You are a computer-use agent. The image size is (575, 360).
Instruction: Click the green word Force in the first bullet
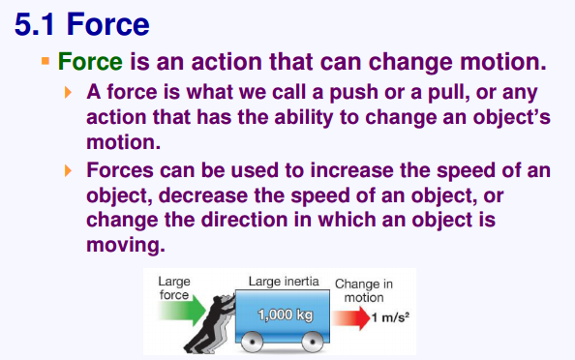tap(90, 61)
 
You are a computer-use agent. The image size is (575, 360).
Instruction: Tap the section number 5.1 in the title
tap(35, 24)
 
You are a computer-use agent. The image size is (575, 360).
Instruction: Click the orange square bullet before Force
tap(45, 61)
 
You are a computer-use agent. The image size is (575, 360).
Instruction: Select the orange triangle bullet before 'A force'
tap(68, 92)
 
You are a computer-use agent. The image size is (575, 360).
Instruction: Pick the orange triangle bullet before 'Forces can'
tap(68, 171)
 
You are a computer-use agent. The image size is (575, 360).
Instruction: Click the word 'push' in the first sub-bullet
tap(353, 92)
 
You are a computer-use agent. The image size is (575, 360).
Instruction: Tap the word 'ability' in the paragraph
tap(304, 117)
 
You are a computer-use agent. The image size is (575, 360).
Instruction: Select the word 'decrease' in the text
tap(203, 195)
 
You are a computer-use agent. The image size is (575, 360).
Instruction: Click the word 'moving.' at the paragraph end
tap(126, 245)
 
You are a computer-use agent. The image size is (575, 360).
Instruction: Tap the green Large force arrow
tap(182, 311)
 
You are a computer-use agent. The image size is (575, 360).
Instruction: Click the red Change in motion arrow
tap(351, 317)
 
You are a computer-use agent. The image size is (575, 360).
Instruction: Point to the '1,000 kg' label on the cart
tap(286, 315)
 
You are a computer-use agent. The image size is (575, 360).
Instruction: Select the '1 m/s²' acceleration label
tap(390, 317)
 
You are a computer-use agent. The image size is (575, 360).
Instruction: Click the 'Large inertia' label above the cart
tap(284, 282)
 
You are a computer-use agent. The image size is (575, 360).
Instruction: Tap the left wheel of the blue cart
tap(252, 342)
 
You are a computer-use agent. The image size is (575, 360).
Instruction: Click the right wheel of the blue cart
tap(312, 342)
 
